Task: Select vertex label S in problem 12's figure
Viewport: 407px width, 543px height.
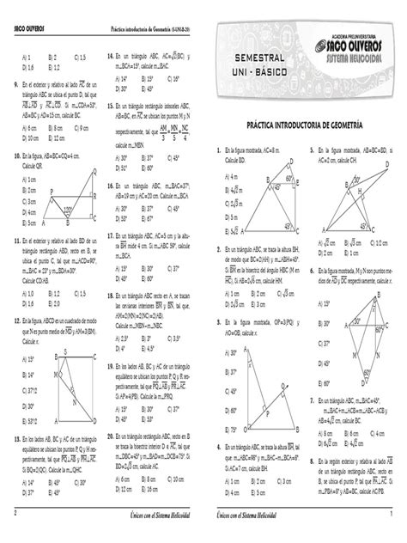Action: [55, 329]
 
